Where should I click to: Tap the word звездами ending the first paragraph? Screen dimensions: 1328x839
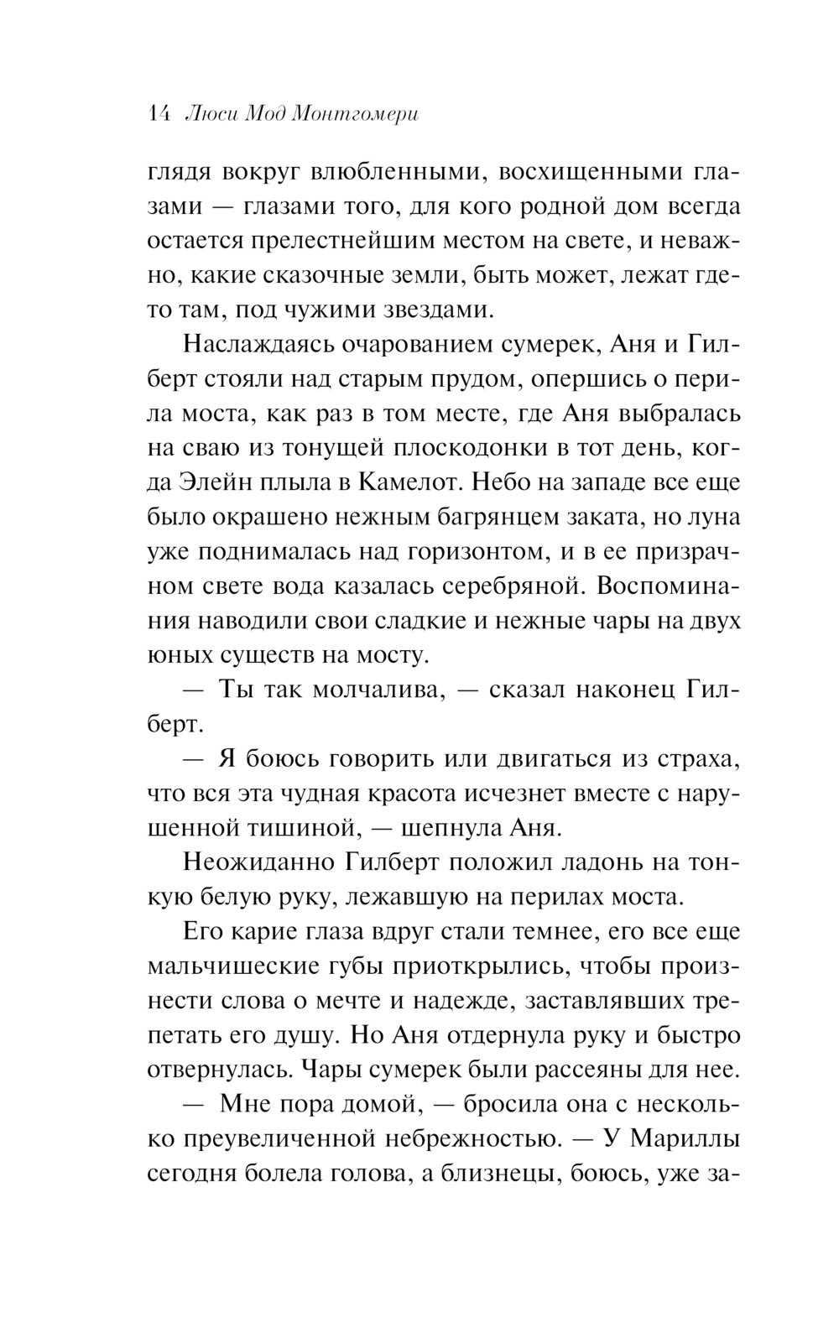441,310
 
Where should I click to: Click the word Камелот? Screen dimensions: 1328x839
409,482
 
